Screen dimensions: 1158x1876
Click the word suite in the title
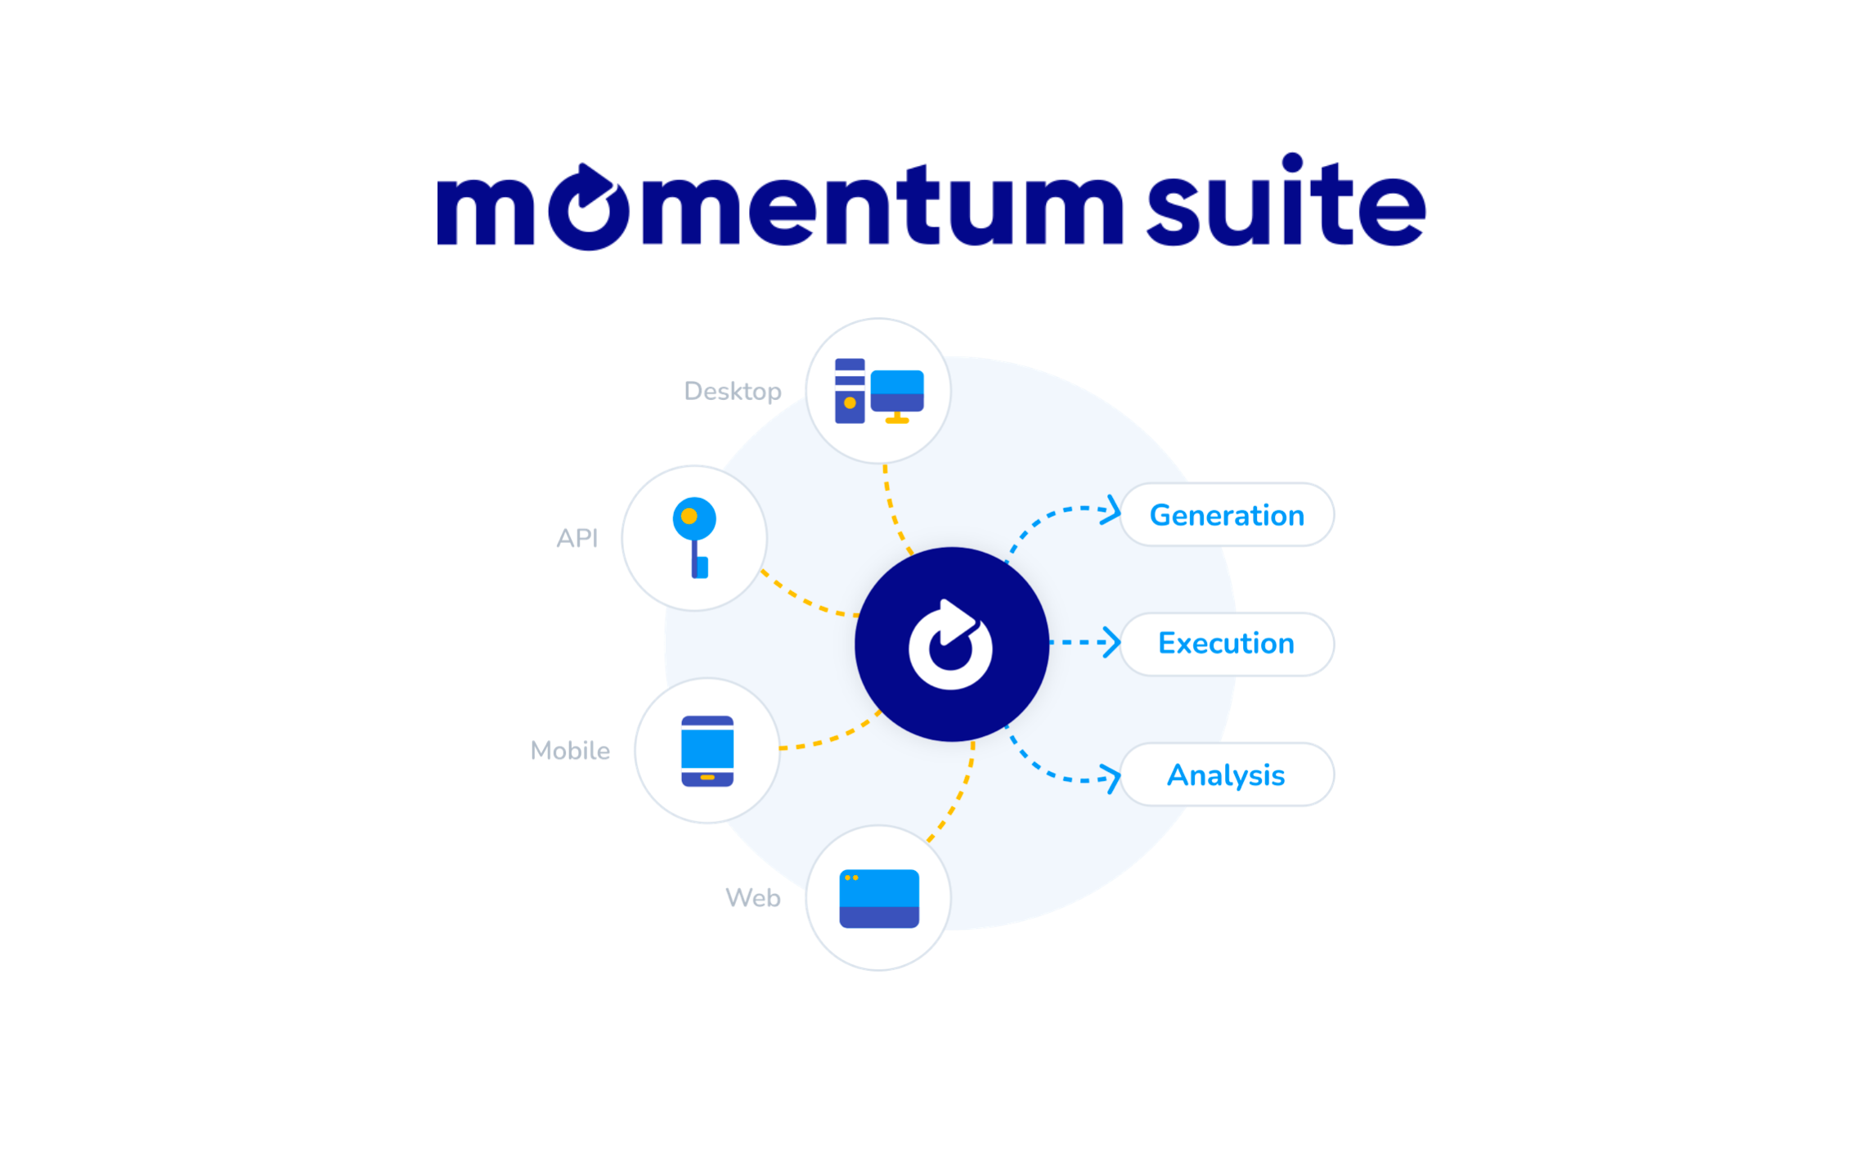pyautogui.click(x=1286, y=203)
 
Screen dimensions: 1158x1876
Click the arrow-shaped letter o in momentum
pyautogui.click(x=588, y=208)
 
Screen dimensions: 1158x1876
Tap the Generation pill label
pyautogui.click(x=1226, y=515)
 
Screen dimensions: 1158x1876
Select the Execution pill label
pyautogui.click(x=1226, y=644)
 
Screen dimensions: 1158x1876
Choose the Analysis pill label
pyautogui.click(x=1226, y=774)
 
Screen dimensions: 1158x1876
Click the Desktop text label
pyautogui.click(x=732, y=392)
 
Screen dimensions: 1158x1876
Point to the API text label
pyautogui.click(x=577, y=538)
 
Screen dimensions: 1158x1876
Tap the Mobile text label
pyautogui.click(x=570, y=751)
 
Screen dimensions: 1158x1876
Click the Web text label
pyautogui.click(x=752, y=898)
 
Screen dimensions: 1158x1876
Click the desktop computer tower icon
pyautogui.click(x=850, y=391)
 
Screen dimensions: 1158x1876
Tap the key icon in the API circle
pyautogui.click(x=694, y=536)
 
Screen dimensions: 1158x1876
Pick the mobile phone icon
pyautogui.click(x=707, y=751)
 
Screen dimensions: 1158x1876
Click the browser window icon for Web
pyautogui.click(x=879, y=898)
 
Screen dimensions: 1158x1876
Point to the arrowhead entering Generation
pyautogui.click(x=1112, y=510)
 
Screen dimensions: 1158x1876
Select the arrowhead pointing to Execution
pyautogui.click(x=1112, y=642)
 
